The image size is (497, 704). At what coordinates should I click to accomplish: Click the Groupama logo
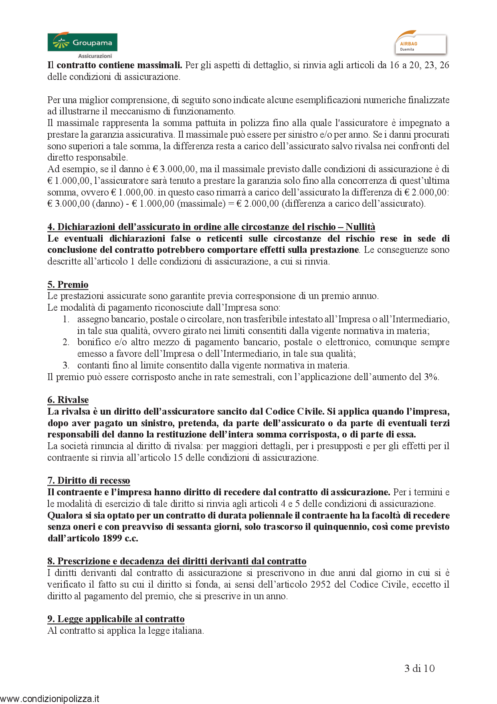pyautogui.click(x=82, y=43)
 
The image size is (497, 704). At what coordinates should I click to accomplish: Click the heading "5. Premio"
pyautogui.click(x=68, y=285)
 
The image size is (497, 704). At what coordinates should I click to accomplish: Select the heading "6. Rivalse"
pyautogui.click(x=68, y=400)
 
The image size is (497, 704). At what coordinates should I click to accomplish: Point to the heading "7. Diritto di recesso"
pyautogui.click(x=89, y=480)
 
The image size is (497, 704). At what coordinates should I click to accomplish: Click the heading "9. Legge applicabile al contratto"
pyautogui.click(x=116, y=619)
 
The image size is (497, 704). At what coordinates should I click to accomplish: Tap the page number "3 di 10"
pyautogui.click(x=419, y=668)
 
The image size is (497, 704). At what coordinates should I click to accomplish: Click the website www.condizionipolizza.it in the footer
pyautogui.click(x=50, y=699)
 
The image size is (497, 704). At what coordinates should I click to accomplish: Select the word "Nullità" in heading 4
pyautogui.click(x=360, y=227)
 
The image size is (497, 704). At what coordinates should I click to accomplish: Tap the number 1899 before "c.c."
pyautogui.click(x=112, y=538)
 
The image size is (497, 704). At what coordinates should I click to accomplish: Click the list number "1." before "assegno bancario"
pyautogui.click(x=66, y=319)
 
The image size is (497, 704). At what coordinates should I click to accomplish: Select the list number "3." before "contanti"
pyautogui.click(x=66, y=365)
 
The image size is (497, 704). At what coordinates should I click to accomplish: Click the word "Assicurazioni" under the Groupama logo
pyautogui.click(x=95, y=56)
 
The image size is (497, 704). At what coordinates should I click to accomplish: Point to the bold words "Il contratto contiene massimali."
pyautogui.click(x=115, y=65)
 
